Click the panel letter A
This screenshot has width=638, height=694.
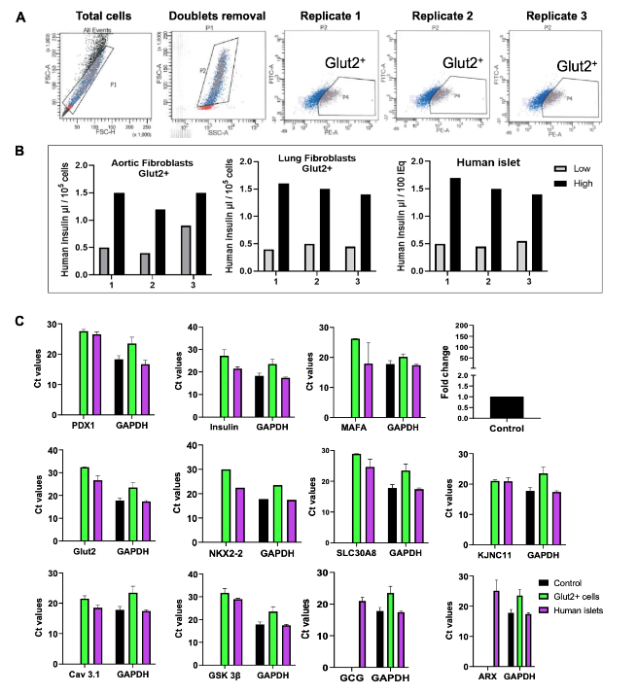(x=20, y=17)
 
